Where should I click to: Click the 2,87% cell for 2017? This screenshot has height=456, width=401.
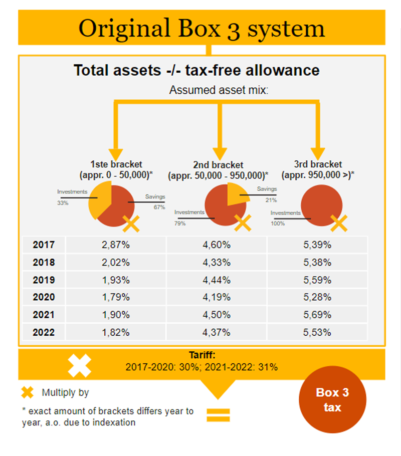tap(115, 245)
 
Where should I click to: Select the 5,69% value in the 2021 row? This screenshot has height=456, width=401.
tap(317, 315)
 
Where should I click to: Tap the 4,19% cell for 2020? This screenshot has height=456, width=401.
tap(216, 297)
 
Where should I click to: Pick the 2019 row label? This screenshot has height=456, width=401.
tap(44, 280)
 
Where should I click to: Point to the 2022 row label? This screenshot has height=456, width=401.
tap(44, 332)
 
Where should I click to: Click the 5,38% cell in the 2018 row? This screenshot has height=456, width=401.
tap(317, 262)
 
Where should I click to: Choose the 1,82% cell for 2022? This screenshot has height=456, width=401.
tap(115, 332)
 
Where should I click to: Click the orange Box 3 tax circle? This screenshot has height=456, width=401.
tap(332, 399)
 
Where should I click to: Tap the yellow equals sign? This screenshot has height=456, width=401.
tap(218, 414)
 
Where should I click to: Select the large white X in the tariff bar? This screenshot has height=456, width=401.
tap(80, 365)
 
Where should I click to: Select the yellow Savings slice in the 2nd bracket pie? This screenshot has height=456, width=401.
tap(237, 193)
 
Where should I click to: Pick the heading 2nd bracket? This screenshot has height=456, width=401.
tap(218, 165)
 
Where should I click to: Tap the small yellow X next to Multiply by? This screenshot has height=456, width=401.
tap(28, 392)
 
